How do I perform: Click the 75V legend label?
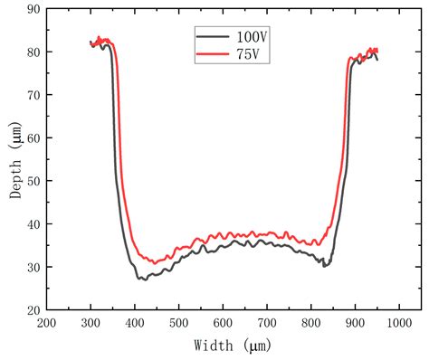245,55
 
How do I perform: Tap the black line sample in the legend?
210,37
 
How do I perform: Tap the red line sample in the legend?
210,55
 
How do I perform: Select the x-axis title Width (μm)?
232,345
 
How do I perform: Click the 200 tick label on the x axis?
47,323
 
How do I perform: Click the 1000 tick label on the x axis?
400,323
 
